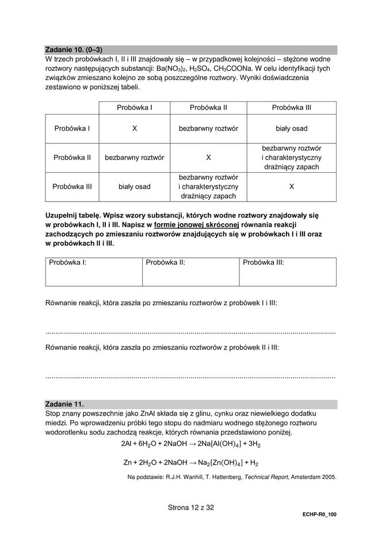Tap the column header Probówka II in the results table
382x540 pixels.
(208, 107)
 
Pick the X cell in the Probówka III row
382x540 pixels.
(291, 187)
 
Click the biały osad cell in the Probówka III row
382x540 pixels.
(134, 187)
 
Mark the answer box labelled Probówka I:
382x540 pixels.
(94, 272)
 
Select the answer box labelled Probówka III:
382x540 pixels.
(288, 272)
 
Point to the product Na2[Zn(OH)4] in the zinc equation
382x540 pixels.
(217, 462)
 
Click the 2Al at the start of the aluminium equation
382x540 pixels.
(127, 444)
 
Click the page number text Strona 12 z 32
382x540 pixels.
(190, 508)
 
